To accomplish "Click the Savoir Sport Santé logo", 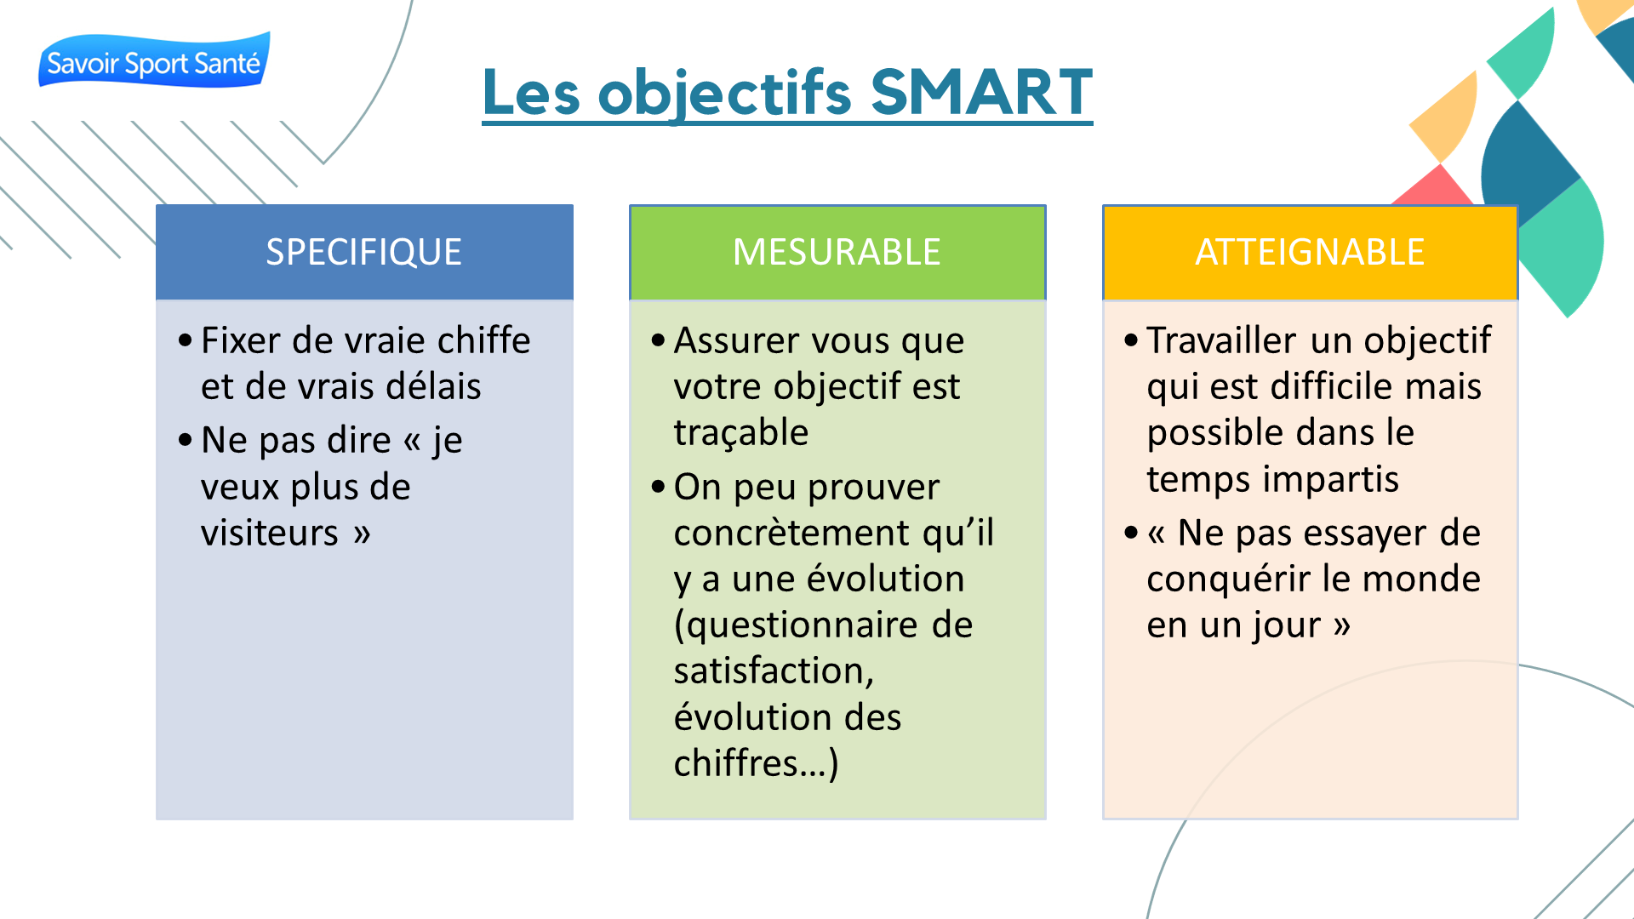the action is pos(154,60).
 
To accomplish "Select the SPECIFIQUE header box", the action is pos(364,252).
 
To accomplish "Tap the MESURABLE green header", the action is pos(837,252).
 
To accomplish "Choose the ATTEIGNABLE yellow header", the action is pos(1310,252).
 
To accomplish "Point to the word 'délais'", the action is pos(433,386).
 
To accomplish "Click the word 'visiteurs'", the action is pos(270,533).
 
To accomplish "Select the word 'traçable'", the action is pos(740,434).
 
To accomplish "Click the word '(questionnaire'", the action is pos(796,626).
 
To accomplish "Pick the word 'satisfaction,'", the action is pos(774,671).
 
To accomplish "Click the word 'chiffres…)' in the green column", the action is pos(756,763).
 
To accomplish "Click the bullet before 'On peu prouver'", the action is pos(658,488).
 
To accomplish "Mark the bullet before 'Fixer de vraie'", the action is pos(186,341).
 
